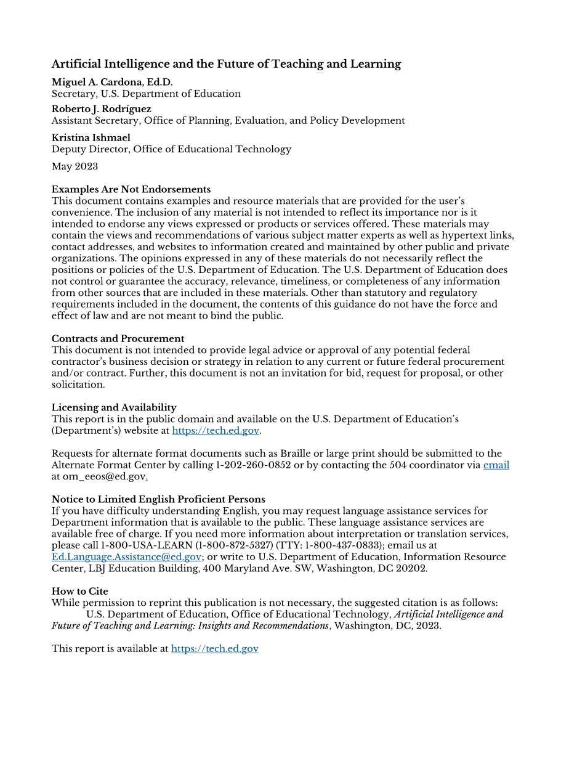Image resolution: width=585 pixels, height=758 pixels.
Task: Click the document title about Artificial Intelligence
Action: tap(226, 64)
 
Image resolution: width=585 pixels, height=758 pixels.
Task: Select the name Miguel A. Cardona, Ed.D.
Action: tap(112, 82)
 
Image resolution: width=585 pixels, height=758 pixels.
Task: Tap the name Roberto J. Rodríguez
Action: tap(101, 109)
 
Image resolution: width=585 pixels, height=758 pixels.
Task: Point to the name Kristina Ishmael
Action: tap(91, 137)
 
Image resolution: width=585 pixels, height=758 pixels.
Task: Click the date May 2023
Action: tap(75, 166)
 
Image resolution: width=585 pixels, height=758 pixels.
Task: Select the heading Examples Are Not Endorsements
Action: tap(131, 189)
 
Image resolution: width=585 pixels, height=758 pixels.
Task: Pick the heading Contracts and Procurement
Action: tap(118, 338)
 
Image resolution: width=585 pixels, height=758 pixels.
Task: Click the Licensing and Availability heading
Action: tap(114, 407)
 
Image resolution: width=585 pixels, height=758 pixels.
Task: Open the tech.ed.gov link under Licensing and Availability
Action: tap(216, 431)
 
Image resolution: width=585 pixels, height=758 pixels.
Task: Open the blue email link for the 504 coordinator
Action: tap(496, 465)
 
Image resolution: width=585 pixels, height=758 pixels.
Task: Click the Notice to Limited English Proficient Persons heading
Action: tap(158, 499)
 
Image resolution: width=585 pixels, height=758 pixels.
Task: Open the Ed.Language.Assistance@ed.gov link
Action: tap(126, 557)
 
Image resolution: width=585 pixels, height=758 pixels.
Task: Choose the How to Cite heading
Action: tap(79, 591)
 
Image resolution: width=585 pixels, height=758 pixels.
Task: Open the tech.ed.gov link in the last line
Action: tap(214, 648)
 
